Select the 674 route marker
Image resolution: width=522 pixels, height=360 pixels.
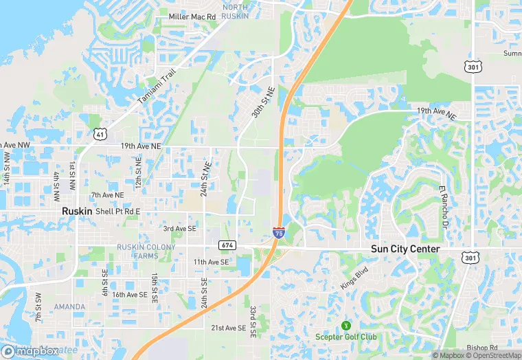coord(227,245)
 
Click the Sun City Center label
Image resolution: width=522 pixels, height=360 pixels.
coord(405,249)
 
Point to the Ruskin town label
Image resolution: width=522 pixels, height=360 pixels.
coord(77,212)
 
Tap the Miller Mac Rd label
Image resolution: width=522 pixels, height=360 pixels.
coord(192,16)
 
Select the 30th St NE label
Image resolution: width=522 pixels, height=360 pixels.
coord(262,102)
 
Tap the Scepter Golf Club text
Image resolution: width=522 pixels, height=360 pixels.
coord(346,337)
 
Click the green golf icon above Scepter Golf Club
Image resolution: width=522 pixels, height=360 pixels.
coord(346,325)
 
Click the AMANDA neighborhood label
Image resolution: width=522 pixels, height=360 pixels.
coord(70,306)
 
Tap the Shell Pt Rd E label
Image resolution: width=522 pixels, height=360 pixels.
coord(118,212)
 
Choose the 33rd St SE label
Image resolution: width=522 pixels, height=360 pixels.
coord(253,322)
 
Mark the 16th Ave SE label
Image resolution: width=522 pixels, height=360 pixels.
coord(130,295)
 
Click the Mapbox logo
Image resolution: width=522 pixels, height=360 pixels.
coord(31,351)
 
